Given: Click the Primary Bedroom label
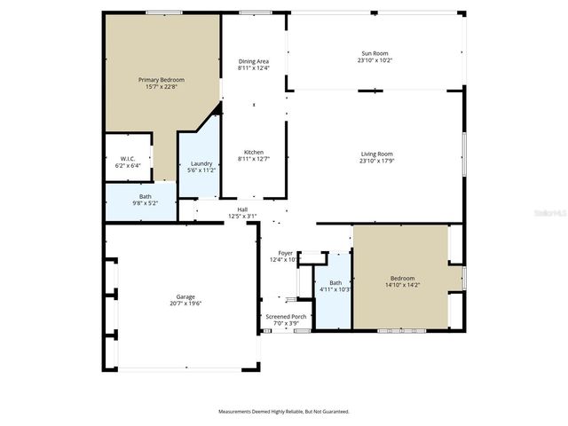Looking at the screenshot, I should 161,80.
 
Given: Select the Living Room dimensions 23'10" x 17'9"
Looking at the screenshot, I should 376,162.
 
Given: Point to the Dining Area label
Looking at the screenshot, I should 253,60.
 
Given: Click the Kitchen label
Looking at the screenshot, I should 253,152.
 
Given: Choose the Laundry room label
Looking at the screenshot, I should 201,163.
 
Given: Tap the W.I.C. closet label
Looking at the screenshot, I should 127,159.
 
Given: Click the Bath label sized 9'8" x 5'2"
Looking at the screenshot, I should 145,197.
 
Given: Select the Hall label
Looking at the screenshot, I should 242,209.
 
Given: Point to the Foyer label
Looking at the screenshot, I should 285,253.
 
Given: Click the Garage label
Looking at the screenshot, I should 185,296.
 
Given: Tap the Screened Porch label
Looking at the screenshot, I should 286,316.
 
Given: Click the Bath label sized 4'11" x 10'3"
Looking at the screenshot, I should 335,283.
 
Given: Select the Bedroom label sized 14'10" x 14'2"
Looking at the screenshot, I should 402,278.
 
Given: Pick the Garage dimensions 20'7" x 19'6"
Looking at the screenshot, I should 185,304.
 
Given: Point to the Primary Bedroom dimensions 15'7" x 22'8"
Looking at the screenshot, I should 161,87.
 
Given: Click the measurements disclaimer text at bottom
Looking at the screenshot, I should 284,412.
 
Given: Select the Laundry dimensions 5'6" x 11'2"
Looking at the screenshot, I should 201,170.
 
